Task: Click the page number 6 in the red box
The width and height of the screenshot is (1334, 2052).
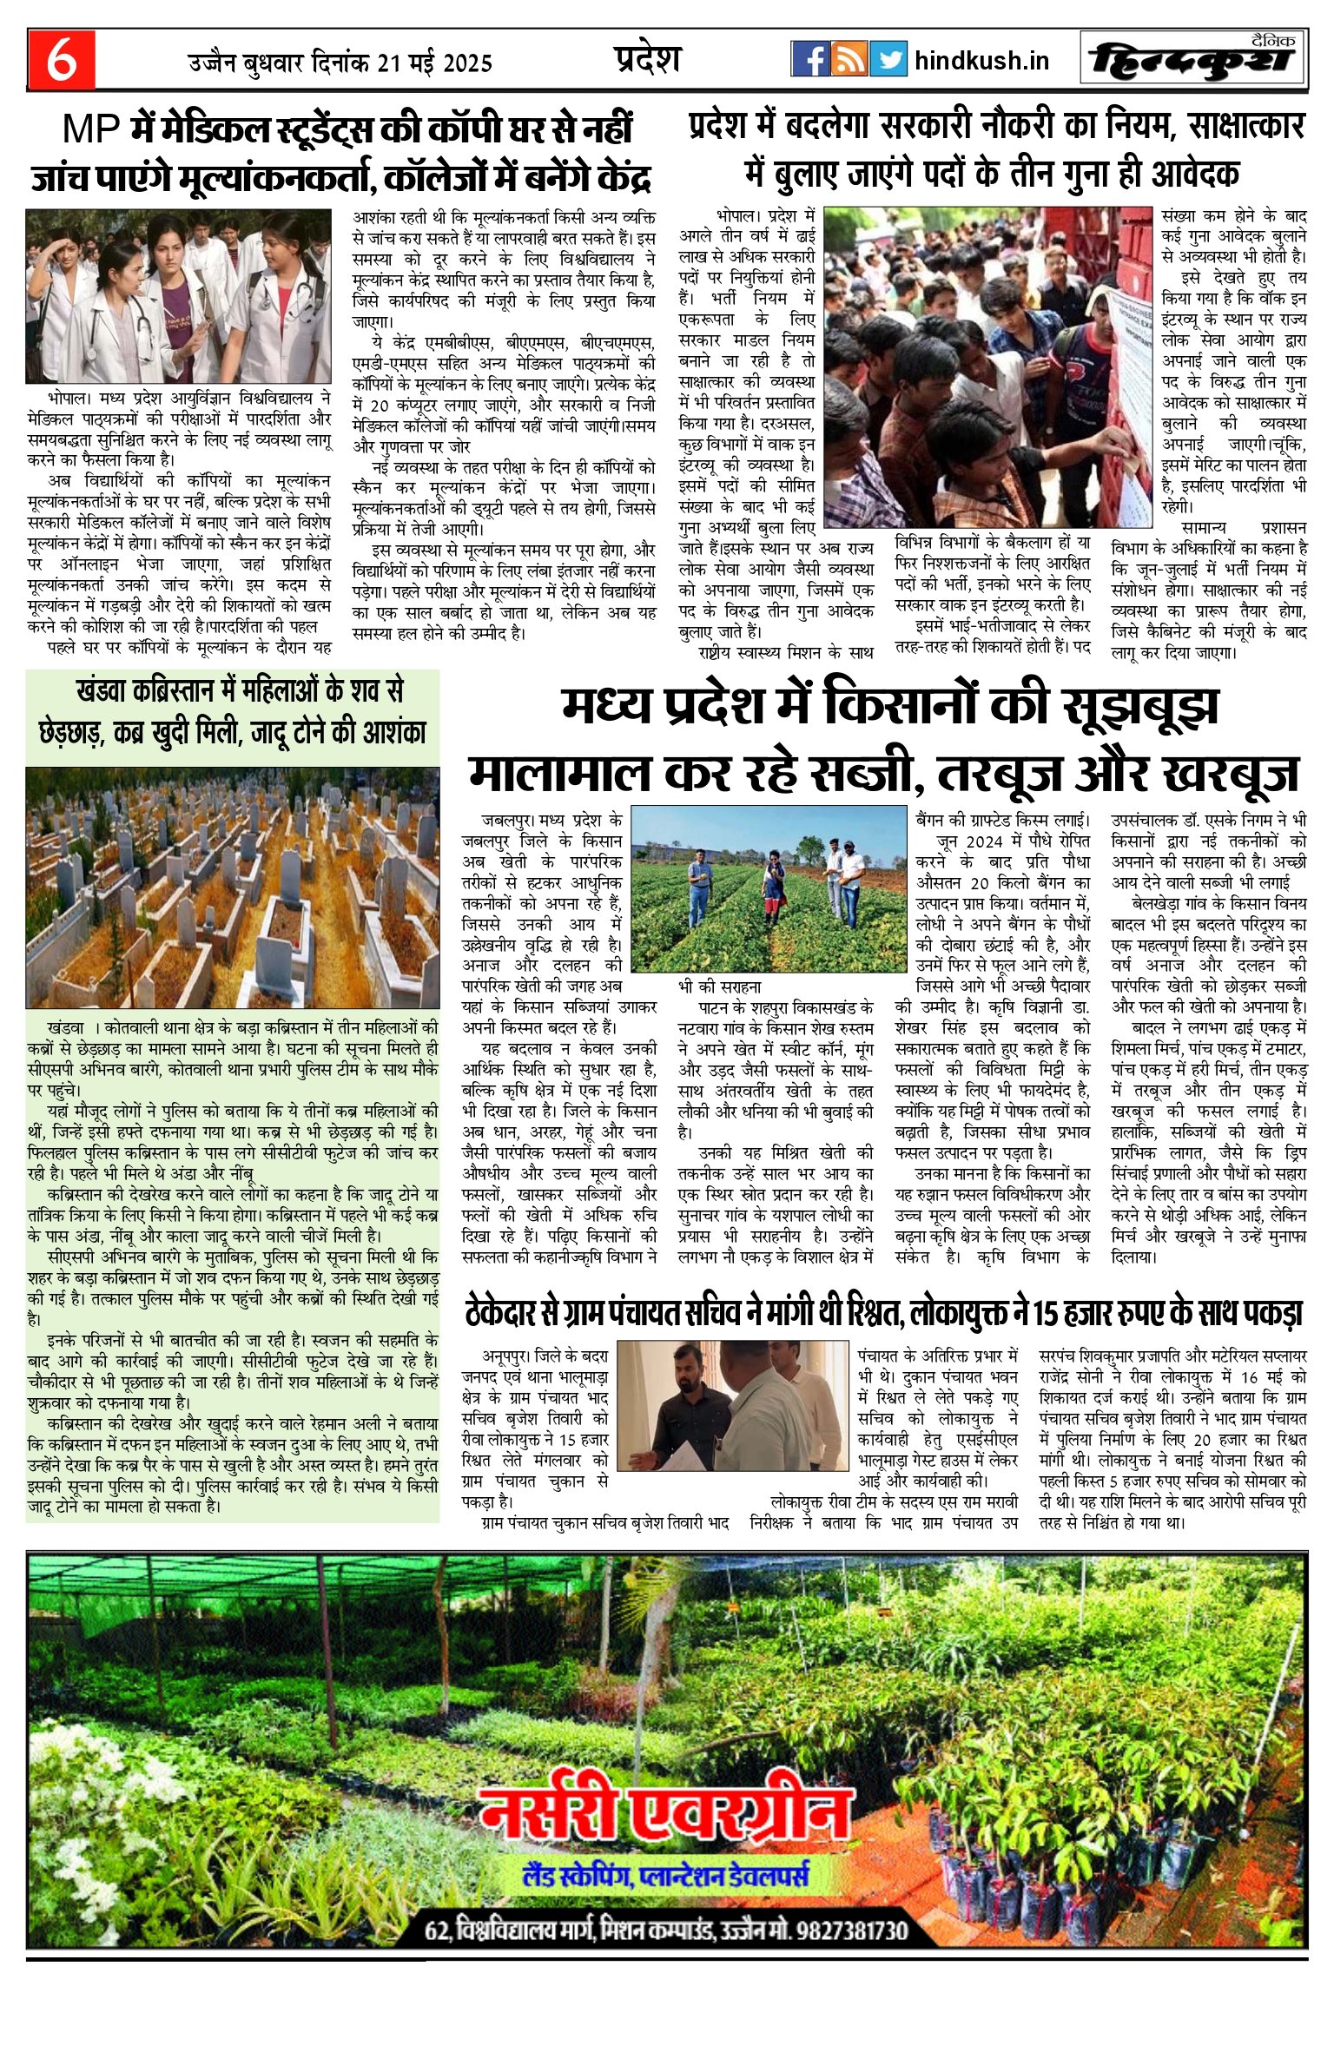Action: pyautogui.click(x=61, y=61)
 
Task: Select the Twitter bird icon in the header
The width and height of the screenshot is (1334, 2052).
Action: pyautogui.click(x=888, y=59)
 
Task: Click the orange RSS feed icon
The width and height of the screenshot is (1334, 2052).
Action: pyautogui.click(x=849, y=59)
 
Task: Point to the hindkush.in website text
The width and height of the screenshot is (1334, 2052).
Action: pyautogui.click(x=981, y=61)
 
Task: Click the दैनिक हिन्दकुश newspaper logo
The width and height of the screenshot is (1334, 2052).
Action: pyautogui.click(x=1194, y=59)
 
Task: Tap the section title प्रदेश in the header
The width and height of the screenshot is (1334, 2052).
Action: pyautogui.click(x=647, y=59)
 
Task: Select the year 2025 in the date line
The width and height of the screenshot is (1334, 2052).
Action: pyautogui.click(x=462, y=63)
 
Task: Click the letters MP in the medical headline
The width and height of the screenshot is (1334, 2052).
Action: pyautogui.click(x=91, y=130)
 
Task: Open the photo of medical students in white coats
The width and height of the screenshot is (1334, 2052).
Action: pyautogui.click(x=178, y=295)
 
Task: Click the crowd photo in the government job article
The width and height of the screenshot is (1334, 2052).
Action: pyautogui.click(x=987, y=366)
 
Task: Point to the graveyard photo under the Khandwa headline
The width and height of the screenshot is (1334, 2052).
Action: pyautogui.click(x=232, y=887)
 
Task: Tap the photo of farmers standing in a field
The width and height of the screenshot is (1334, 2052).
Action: pyautogui.click(x=768, y=888)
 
